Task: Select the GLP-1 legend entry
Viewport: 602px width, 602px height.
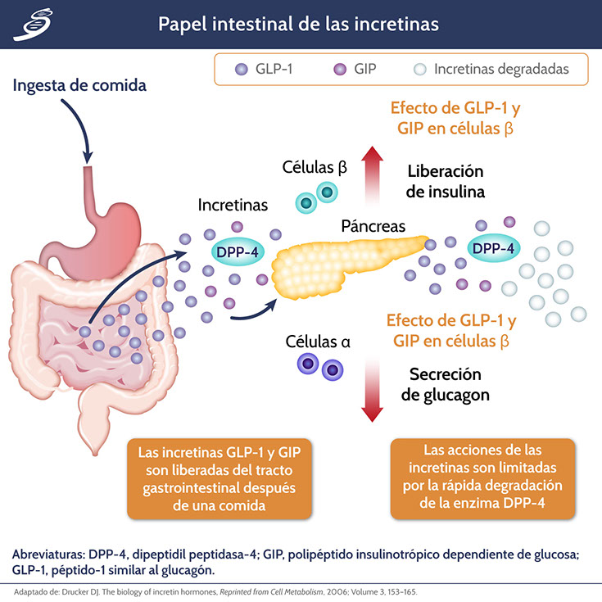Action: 265,69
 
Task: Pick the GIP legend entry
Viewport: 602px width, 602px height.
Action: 354,69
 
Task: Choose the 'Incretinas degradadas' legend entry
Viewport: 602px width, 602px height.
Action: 490,69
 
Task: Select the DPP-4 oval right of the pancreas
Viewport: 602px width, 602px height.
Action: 494,247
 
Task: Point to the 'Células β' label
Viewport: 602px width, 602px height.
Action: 315,167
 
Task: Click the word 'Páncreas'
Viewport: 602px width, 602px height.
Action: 373,224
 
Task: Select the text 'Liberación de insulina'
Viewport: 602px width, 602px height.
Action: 446,182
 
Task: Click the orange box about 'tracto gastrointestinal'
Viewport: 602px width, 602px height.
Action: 220,479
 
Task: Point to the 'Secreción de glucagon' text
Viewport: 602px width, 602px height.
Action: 446,384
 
